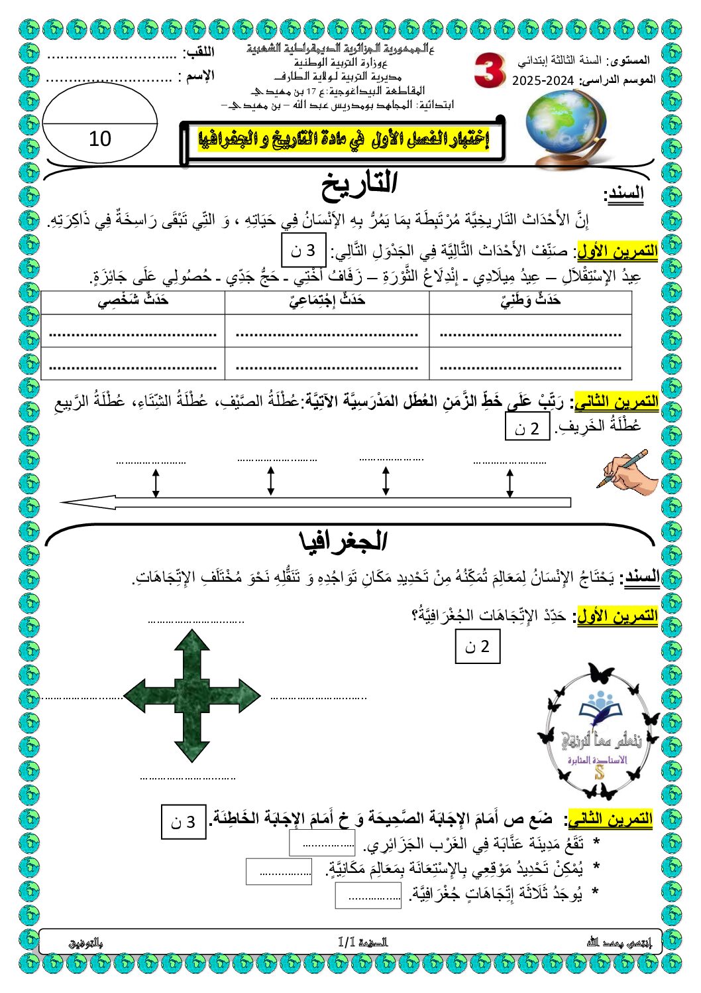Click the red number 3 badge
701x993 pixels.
tap(489, 72)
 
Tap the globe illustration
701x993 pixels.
tap(561, 126)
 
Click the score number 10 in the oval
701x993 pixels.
tap(100, 139)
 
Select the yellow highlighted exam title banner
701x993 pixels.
tap(343, 140)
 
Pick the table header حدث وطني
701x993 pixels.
tap(530, 300)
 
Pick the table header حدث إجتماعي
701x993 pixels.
tap(327, 300)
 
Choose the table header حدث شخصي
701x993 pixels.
tap(133, 300)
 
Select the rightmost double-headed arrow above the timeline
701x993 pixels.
tap(510, 483)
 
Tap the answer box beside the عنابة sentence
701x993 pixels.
tap(323, 844)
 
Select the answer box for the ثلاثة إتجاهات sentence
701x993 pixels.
tap(368, 896)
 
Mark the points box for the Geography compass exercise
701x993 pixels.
tap(478, 646)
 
